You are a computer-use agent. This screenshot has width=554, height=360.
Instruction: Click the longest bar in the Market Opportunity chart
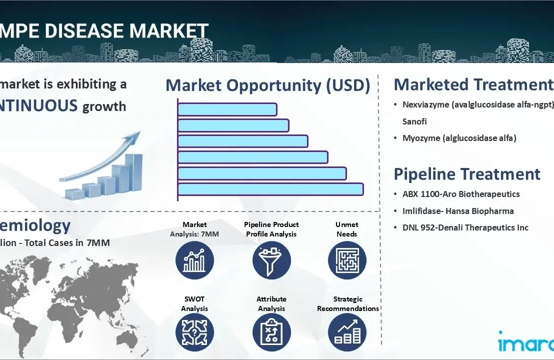coord(270,189)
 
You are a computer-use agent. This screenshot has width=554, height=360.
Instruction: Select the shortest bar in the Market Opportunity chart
coord(227,109)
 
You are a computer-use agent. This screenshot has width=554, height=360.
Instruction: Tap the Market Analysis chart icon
coord(194,260)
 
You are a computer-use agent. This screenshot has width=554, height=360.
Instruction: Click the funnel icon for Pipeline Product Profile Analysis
coord(271,260)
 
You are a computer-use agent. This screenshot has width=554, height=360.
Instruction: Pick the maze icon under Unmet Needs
coord(347,260)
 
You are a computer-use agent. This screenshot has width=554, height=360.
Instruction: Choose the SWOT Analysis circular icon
coord(194,333)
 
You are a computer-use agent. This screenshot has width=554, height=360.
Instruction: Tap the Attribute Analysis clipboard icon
coord(271,333)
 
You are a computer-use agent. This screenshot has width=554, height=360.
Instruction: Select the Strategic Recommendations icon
coord(347,333)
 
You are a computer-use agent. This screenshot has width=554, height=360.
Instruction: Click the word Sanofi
coord(414,121)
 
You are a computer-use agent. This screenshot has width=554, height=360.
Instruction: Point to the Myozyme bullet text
coord(459,138)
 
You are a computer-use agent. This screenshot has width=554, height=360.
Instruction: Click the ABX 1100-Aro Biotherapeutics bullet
coord(461,194)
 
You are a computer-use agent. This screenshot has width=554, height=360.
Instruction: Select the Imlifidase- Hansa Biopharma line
coord(458,211)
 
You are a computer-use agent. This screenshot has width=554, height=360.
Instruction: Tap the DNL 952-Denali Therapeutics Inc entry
coord(465,227)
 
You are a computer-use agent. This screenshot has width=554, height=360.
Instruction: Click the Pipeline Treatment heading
coord(467,174)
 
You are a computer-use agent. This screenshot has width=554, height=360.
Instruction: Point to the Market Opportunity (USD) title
coord(267,85)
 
